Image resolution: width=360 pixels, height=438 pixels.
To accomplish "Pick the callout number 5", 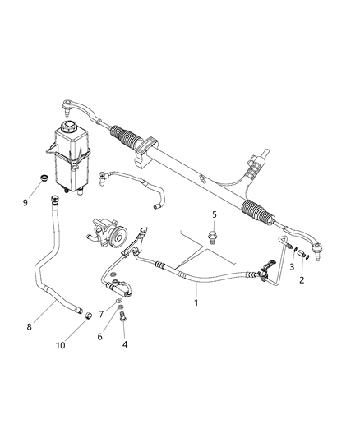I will [214, 215].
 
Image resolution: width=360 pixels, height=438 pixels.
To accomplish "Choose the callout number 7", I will [103, 314].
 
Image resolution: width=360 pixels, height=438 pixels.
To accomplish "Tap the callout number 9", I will [25, 202].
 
